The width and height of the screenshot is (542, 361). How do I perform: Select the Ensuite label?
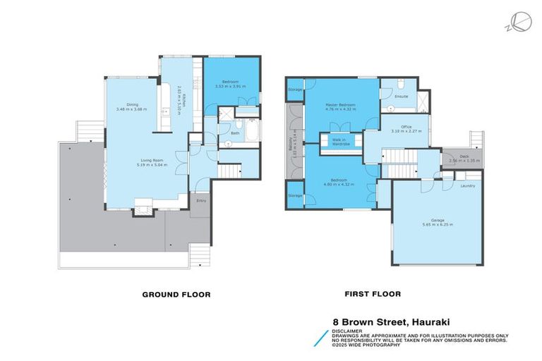point(402,96)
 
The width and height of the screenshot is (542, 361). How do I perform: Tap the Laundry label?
point(467,186)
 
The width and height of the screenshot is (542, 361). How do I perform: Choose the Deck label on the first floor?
point(464,157)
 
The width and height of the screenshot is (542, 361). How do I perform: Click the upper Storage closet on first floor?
point(295,90)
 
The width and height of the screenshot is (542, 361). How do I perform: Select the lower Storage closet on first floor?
point(295,195)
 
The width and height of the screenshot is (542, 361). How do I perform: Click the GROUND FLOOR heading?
point(176,294)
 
